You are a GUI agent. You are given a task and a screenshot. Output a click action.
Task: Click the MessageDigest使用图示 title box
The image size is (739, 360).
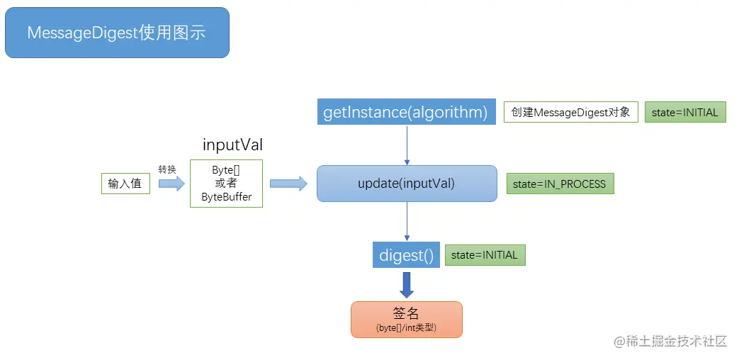tap(117, 33)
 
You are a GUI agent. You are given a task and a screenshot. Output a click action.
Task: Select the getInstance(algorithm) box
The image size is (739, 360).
tap(406, 112)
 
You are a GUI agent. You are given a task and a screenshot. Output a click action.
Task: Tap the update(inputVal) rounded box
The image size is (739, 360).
tap(407, 184)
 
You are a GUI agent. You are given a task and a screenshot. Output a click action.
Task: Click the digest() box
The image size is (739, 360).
tap(406, 255)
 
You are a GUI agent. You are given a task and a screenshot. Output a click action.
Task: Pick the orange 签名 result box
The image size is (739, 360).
tap(406, 319)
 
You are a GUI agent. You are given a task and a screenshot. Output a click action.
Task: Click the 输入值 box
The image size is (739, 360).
tap(125, 184)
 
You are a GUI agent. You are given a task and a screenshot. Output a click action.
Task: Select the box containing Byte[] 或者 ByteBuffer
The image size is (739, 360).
tap(226, 184)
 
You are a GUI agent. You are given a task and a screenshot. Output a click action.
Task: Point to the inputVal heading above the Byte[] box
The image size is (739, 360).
tap(232, 145)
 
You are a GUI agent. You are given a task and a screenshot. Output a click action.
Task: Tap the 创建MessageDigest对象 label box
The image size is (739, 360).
tap(571, 112)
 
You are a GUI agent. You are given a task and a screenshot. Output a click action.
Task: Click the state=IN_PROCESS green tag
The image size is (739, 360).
tap(559, 184)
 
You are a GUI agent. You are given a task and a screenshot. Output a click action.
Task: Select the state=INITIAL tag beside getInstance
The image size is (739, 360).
tap(684, 112)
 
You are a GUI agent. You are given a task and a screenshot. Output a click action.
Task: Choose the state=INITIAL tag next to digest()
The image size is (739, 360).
tap(485, 255)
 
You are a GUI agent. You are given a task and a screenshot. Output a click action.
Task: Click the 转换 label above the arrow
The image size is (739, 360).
tap(167, 169)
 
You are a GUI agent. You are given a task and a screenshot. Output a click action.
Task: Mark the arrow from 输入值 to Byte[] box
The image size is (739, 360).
tap(171, 184)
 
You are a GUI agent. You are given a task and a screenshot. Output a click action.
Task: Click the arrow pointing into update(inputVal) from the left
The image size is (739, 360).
tap(288, 184)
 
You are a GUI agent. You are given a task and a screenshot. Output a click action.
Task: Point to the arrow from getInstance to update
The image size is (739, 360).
tap(407, 145)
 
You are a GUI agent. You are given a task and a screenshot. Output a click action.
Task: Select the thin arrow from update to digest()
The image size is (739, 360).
tap(407, 221)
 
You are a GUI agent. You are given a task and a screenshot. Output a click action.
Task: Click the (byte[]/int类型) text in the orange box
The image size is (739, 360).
tap(406, 328)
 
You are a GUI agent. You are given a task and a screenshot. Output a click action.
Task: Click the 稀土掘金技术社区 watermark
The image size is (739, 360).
tap(671, 341)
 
